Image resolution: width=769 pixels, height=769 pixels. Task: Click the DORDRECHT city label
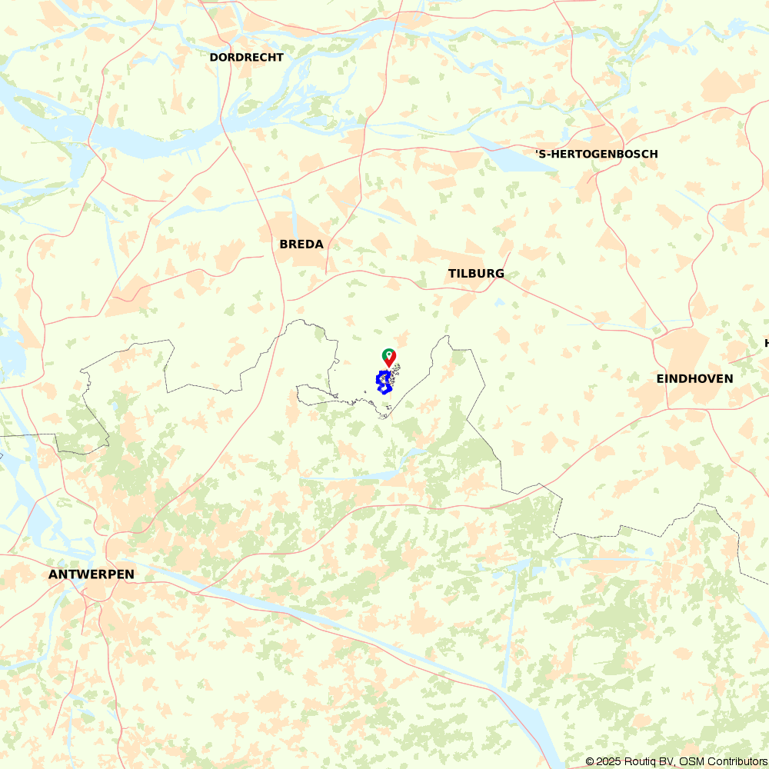pyautogui.click(x=246, y=58)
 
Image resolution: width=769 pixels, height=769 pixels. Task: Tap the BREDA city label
pyautogui.click(x=301, y=245)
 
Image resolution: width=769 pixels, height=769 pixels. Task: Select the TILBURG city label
pyautogui.click(x=476, y=274)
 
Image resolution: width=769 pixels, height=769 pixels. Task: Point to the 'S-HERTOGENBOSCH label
pyautogui.click(x=597, y=155)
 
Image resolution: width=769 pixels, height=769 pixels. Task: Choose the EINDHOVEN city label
pyautogui.click(x=694, y=379)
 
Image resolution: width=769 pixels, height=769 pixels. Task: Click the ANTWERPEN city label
pyautogui.click(x=91, y=574)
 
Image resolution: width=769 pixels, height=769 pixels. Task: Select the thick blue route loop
pyautogui.click(x=383, y=382)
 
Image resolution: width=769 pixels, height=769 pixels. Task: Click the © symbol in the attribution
pyautogui.click(x=590, y=761)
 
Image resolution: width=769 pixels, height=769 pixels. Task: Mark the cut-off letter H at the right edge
pyautogui.click(x=766, y=343)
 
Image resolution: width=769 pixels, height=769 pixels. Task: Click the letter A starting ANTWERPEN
pyautogui.click(x=52, y=574)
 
